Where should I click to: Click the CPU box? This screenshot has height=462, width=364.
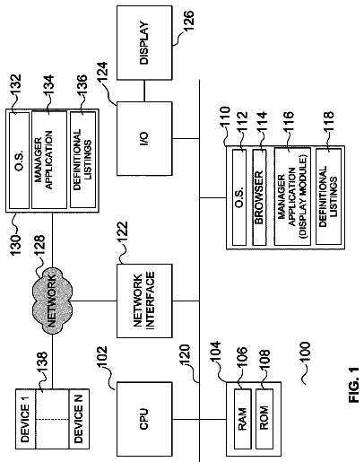[144, 419]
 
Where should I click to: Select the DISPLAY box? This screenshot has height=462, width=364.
[144, 43]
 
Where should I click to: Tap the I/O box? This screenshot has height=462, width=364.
[144, 138]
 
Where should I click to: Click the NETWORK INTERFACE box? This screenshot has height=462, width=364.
[144, 301]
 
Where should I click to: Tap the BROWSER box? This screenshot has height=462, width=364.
[259, 197]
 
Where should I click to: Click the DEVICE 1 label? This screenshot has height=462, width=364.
[25, 419]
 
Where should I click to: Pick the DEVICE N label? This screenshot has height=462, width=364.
[78, 419]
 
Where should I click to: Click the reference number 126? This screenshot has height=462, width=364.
[188, 21]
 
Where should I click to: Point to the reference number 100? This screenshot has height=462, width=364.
[305, 352]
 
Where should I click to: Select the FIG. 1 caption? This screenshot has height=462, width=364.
[353, 385]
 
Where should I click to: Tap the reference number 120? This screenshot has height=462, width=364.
[185, 356]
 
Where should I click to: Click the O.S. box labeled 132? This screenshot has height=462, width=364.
[20, 161]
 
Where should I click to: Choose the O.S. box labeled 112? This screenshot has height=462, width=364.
[239, 197]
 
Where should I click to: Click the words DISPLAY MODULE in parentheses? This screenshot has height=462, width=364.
[303, 196]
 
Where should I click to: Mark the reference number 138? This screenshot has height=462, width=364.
[41, 362]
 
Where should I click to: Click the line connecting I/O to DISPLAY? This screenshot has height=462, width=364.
[144, 91]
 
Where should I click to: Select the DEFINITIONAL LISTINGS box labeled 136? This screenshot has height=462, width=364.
[82, 160]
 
